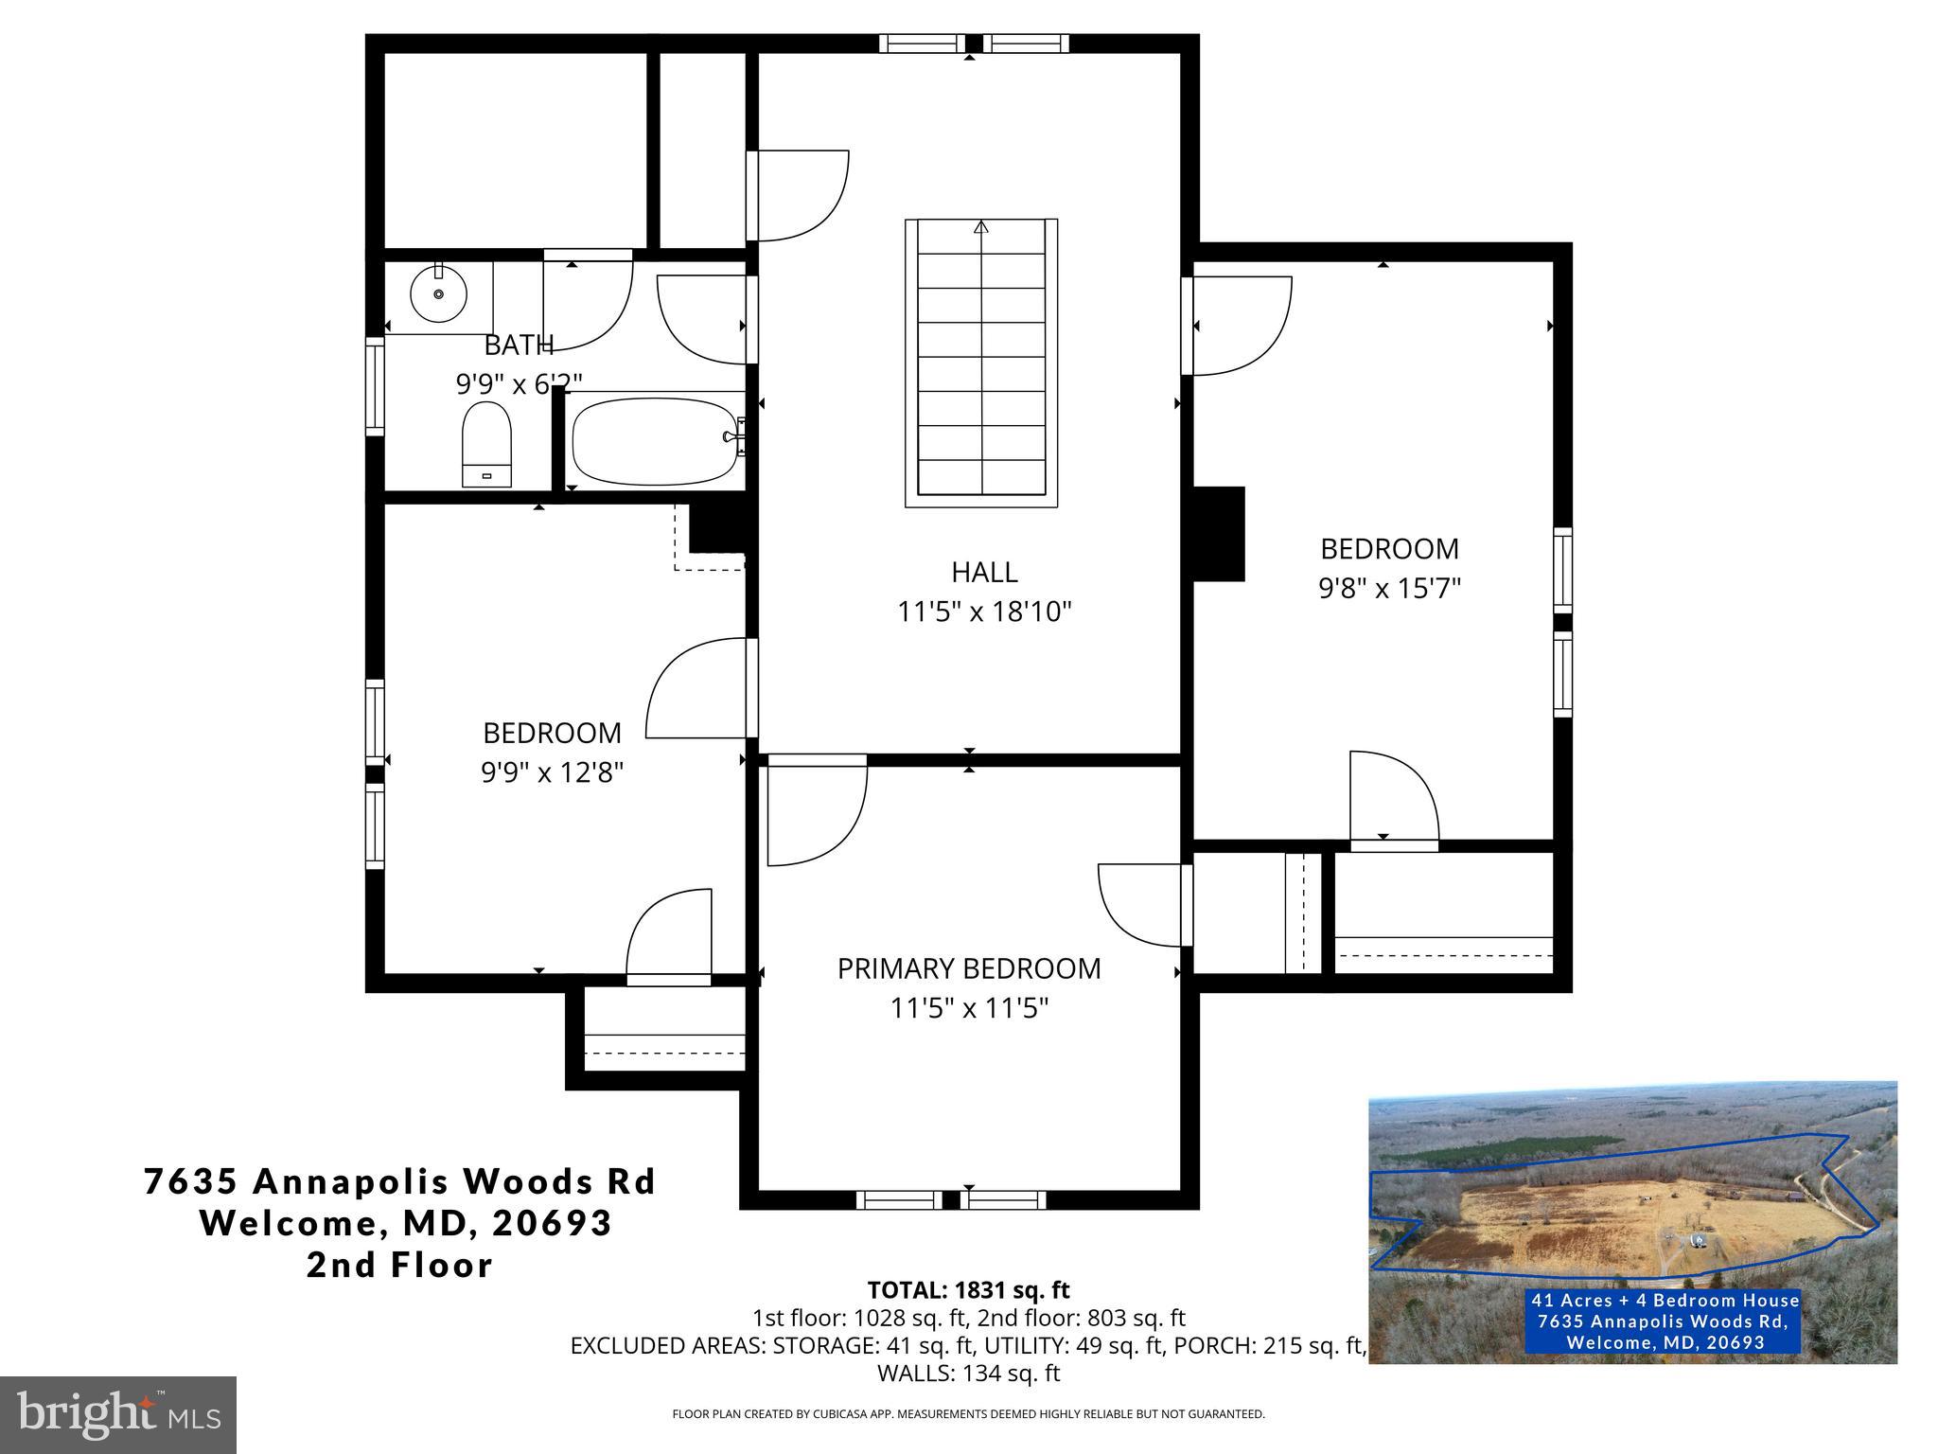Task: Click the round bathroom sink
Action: [439, 293]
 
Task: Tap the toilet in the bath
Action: [486, 443]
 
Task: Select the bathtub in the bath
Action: [654, 441]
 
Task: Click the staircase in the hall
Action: [981, 363]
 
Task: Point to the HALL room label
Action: [984, 572]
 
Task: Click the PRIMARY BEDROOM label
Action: [969, 968]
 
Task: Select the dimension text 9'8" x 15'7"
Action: [1389, 589]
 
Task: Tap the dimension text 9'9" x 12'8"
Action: [552, 773]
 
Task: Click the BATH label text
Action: [519, 345]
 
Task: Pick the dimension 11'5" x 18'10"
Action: [984, 612]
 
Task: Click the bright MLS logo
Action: [118, 1415]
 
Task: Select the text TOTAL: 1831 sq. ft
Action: [968, 1289]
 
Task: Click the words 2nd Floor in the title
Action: [399, 1265]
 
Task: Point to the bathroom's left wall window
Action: [375, 386]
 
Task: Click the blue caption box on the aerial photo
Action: [1665, 1321]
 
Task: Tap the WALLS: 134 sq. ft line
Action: [968, 1373]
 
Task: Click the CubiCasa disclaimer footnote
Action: [968, 1414]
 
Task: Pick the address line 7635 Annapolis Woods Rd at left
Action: [399, 1181]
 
